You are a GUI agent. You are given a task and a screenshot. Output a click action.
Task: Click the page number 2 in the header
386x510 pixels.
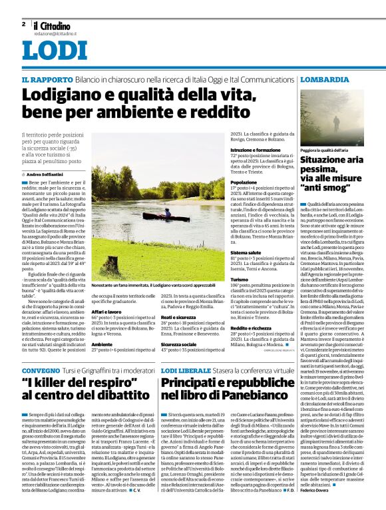click(x=23, y=24)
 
